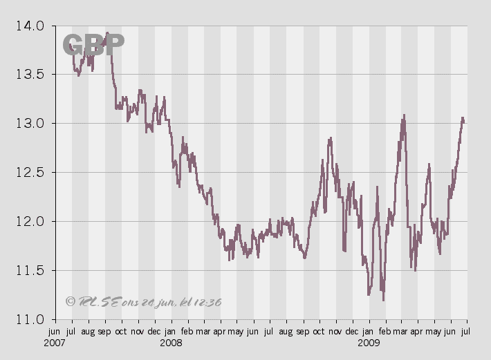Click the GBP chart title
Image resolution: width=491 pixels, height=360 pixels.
93,44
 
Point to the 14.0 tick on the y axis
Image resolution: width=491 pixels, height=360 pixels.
29,26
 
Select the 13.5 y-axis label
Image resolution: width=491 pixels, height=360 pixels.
29,75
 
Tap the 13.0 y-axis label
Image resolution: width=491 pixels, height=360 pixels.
29,124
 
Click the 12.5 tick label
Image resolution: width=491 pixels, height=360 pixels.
29,173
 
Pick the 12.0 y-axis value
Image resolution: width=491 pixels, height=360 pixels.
29,222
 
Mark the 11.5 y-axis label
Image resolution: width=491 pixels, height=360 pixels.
29,271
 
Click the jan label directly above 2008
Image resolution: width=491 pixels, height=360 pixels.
170,332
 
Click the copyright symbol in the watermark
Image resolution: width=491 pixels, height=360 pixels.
70,301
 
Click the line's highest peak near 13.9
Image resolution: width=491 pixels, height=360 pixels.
107,32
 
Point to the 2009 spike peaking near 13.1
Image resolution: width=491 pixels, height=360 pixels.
404,115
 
